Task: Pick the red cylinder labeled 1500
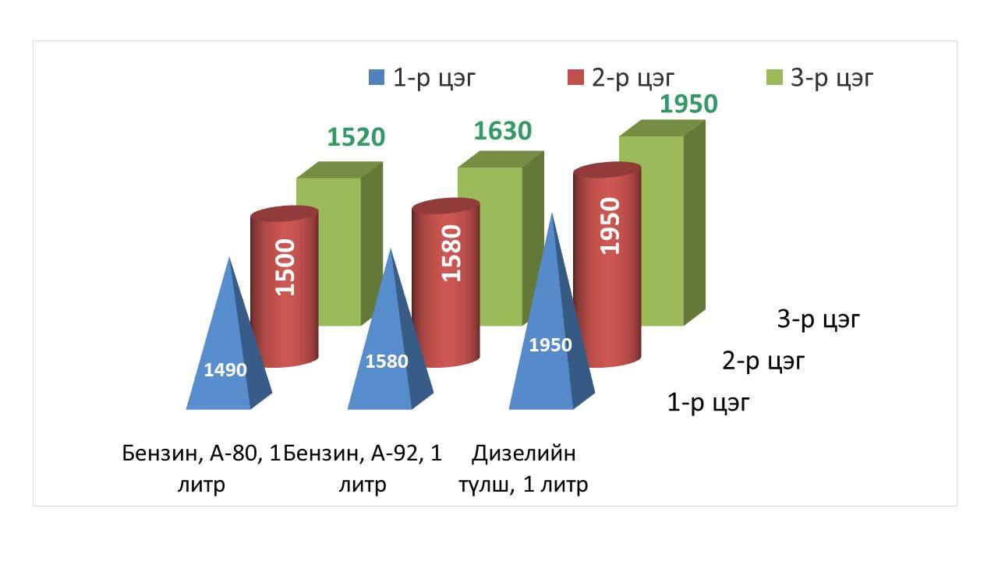click(x=285, y=287)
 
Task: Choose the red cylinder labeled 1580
click(x=445, y=283)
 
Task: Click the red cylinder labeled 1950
click(x=607, y=265)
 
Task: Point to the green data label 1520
click(x=356, y=136)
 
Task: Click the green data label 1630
click(x=503, y=131)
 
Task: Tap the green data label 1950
click(x=688, y=104)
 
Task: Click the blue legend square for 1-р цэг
click(x=377, y=77)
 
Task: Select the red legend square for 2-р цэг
click(x=575, y=77)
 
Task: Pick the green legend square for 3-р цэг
click(x=774, y=77)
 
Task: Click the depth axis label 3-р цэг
click(x=818, y=319)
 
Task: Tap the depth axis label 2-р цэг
click(x=763, y=361)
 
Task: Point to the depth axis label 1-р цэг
click(x=709, y=402)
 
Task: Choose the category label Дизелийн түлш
click(x=523, y=468)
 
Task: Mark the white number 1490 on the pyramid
click(x=225, y=370)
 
